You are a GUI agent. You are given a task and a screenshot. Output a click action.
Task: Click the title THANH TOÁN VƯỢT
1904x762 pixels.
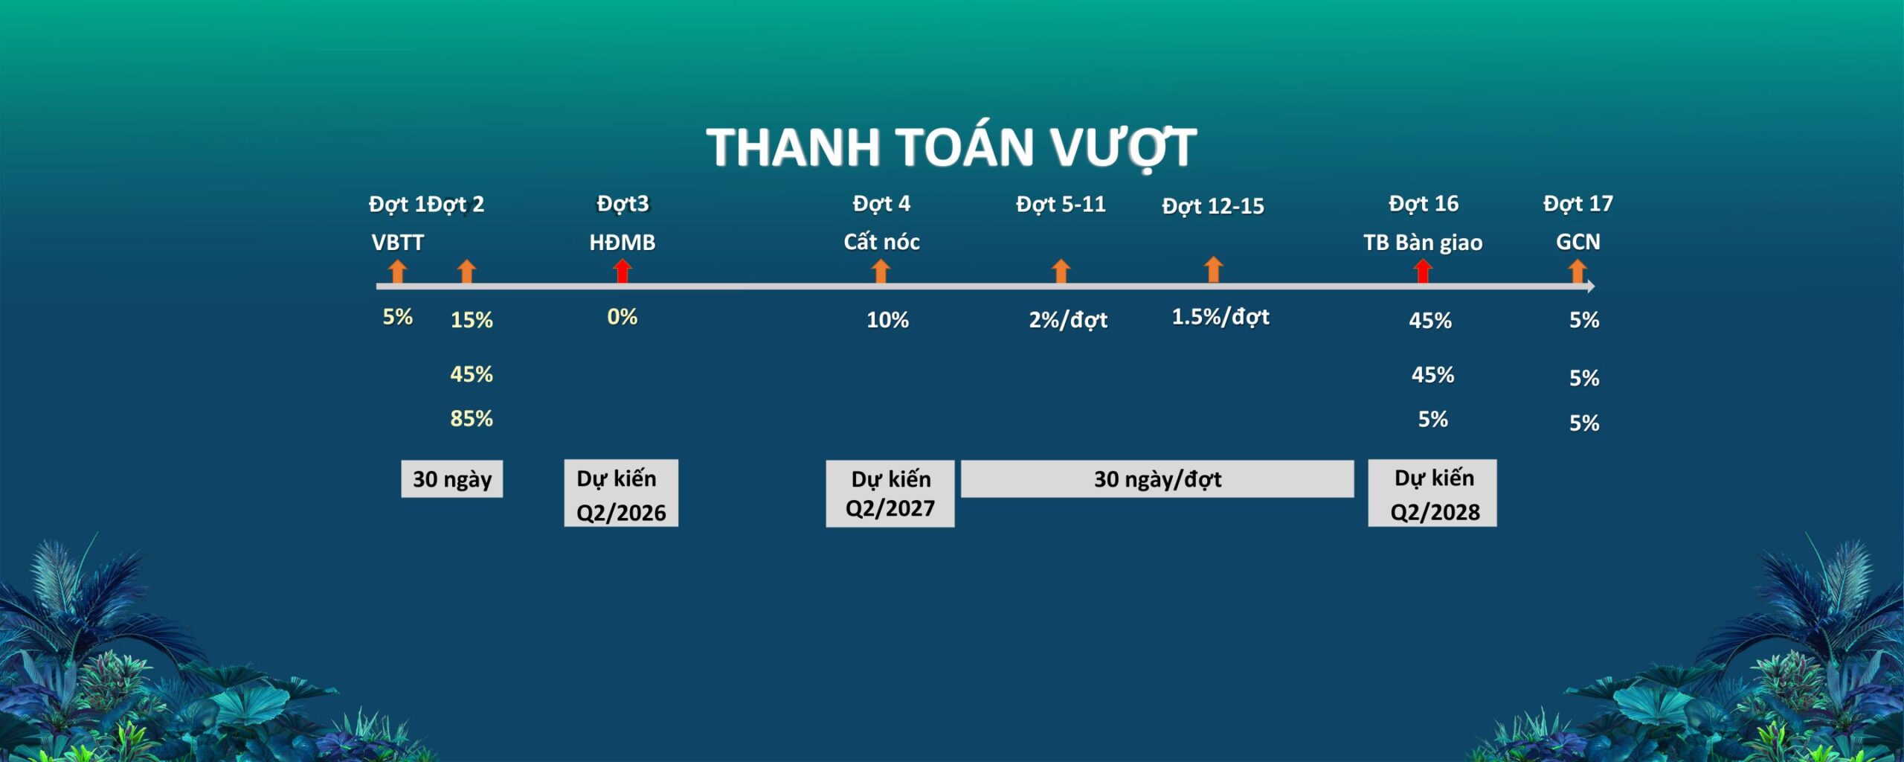tap(951, 147)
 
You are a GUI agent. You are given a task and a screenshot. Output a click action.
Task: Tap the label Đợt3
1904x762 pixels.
tap(623, 204)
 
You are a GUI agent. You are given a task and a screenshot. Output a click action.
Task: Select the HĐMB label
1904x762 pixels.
tap(623, 243)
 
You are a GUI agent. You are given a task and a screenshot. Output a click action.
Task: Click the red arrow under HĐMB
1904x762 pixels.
tap(623, 271)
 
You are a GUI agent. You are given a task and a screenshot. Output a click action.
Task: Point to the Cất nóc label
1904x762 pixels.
tap(881, 242)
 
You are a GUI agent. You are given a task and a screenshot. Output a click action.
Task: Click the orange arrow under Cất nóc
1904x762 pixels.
tap(881, 271)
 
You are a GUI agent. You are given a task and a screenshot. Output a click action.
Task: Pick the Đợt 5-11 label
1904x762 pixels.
tap(1061, 205)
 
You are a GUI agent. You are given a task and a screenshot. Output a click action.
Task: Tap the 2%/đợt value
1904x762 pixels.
tap(1068, 320)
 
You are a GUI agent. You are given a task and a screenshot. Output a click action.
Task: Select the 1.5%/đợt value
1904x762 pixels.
tap(1220, 317)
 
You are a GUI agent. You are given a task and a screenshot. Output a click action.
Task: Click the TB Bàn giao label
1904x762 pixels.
tap(1423, 243)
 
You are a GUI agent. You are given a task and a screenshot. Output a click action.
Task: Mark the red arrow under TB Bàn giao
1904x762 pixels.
tap(1423, 271)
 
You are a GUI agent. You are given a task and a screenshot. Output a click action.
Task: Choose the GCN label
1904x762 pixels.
tap(1577, 242)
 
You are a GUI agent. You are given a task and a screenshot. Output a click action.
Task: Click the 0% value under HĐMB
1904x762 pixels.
tap(623, 317)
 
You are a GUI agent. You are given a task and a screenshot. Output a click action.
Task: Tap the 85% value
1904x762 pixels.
tap(472, 418)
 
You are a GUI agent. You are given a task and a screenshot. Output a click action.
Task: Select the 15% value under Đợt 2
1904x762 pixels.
tap(472, 320)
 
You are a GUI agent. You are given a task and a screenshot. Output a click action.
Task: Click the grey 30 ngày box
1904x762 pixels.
tap(452, 478)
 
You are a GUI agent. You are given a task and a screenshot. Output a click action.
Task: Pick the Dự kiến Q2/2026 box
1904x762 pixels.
tap(621, 493)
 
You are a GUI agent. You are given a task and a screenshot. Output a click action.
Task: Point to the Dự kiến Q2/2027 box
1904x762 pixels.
tap(890, 493)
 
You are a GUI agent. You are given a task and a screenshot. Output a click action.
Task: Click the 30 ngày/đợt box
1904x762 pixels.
tap(1157, 478)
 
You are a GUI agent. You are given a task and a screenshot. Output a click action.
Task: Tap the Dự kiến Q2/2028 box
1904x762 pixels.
tap(1432, 493)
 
